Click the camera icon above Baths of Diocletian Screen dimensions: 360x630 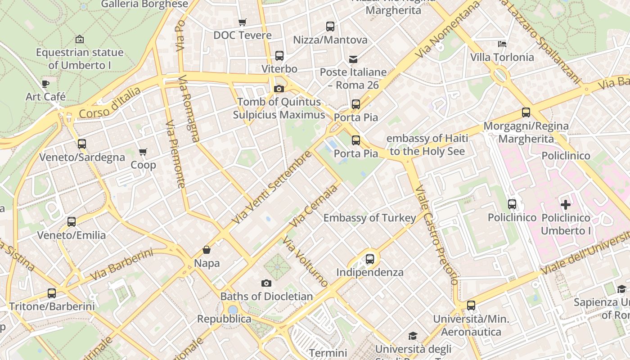(266, 283)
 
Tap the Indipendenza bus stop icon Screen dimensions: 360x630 (370, 259)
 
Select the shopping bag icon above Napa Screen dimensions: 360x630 (207, 250)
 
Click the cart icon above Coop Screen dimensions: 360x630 (143, 152)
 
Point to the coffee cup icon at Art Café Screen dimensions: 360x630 (45, 84)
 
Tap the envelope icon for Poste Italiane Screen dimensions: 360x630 (353, 59)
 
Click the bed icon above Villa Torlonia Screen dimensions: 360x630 (502, 44)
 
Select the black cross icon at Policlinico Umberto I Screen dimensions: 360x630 (566, 205)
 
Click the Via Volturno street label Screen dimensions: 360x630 (306, 261)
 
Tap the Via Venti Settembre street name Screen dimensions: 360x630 (272, 187)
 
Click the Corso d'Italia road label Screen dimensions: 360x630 (109, 103)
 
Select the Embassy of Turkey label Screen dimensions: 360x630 (370, 218)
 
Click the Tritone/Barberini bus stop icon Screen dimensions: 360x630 (52, 293)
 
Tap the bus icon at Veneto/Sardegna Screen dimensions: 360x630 (82, 144)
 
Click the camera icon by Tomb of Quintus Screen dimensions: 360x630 (279, 89)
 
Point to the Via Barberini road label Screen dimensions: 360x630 (121, 265)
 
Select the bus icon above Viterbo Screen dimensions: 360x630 (279, 56)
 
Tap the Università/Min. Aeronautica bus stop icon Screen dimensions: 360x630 (471, 306)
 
